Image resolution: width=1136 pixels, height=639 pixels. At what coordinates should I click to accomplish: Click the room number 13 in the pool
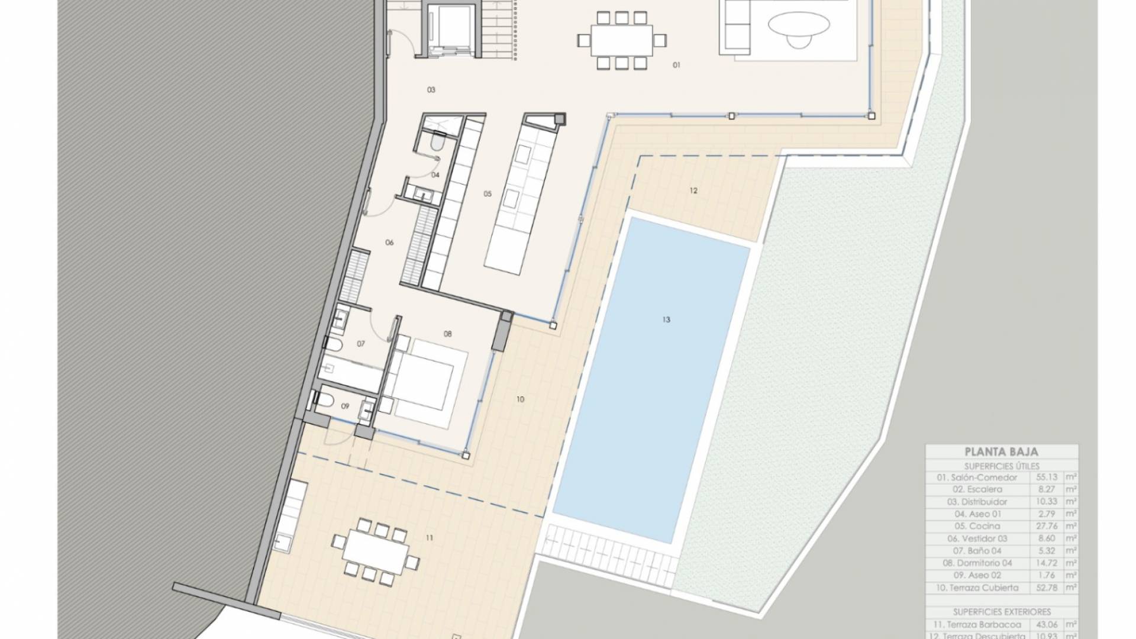tap(666, 320)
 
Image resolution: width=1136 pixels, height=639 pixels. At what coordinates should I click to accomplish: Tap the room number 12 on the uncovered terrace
tap(693, 191)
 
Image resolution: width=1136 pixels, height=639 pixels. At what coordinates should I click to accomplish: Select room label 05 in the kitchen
tap(488, 193)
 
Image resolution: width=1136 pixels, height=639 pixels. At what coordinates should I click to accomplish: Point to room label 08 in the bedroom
tap(448, 334)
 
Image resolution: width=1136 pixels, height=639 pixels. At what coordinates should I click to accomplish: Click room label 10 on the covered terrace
tap(520, 400)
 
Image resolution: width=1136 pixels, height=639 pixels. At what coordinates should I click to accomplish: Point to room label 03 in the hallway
tap(431, 90)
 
